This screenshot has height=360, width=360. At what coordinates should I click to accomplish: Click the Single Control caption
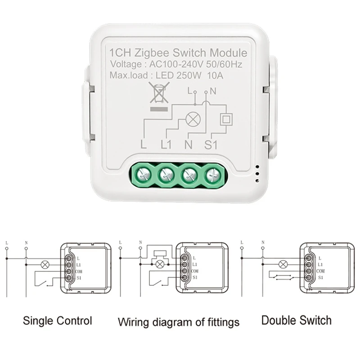(x=58, y=321)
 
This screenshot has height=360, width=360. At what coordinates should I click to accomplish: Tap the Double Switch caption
(x=296, y=320)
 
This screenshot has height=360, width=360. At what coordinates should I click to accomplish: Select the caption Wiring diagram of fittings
(x=179, y=322)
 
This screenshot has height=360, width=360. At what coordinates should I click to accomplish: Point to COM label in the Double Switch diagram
(x=321, y=272)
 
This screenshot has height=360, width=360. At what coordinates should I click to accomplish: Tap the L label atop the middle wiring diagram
(x=121, y=243)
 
